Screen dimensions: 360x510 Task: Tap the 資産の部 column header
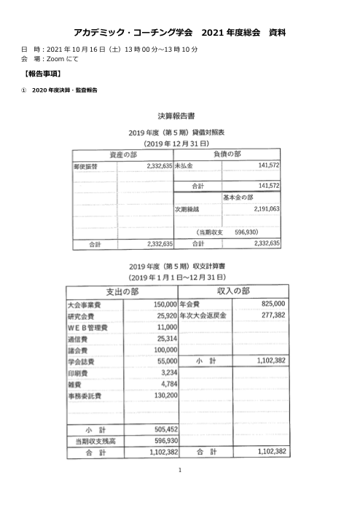click(122, 155)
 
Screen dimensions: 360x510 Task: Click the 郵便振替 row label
click(85, 166)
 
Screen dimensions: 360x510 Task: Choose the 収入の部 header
click(233, 291)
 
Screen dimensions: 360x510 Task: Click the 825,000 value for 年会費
click(273, 304)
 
